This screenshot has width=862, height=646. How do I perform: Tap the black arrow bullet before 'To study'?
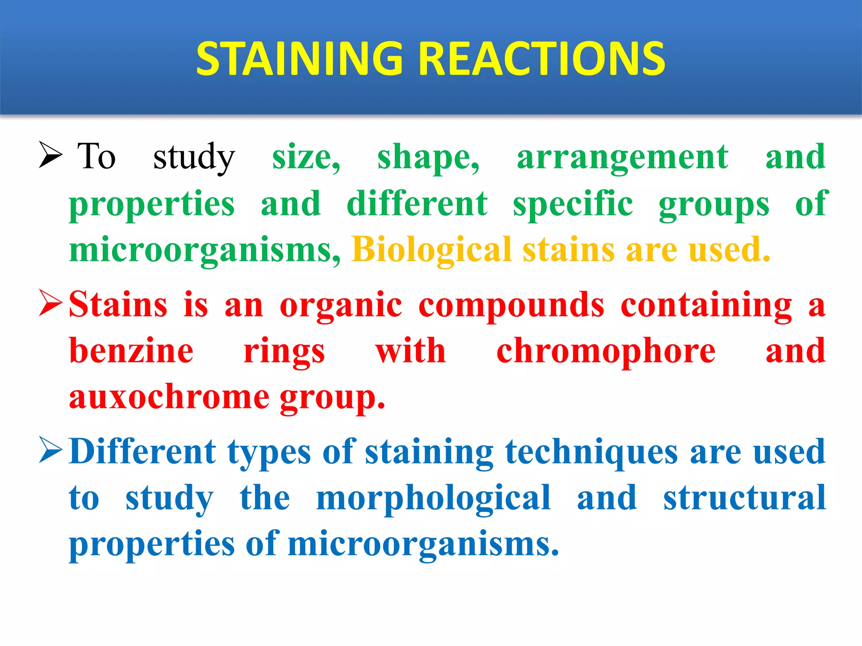[x=51, y=154]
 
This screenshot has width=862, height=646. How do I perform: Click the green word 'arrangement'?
[x=623, y=158]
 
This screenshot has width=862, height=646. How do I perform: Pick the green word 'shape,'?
[x=428, y=158]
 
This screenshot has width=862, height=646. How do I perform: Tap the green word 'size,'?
[x=306, y=158]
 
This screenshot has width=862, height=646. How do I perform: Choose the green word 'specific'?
[x=573, y=205]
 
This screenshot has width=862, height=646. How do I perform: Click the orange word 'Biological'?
[x=431, y=250]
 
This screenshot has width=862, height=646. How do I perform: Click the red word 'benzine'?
[x=131, y=351]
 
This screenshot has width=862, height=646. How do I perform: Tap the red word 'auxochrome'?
[x=169, y=397]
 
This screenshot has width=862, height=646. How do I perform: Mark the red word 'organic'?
[x=341, y=306]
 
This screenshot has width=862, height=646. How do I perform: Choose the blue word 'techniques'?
[x=591, y=453]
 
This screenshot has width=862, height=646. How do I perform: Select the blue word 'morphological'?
[x=433, y=499]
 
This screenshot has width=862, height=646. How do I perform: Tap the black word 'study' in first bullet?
[x=194, y=158]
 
